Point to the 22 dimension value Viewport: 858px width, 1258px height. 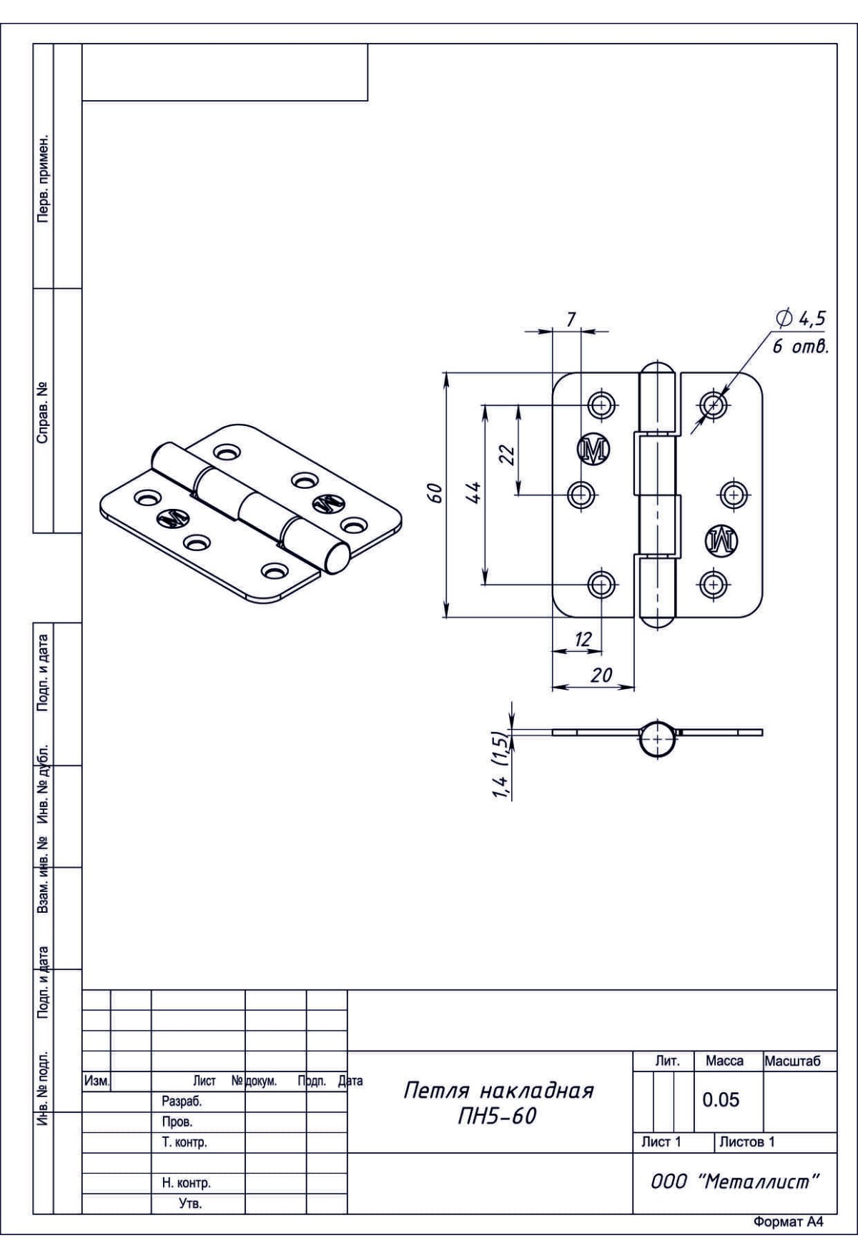[507, 455]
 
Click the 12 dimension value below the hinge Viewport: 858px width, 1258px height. [583, 640]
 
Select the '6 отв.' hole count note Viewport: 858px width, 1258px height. [799, 348]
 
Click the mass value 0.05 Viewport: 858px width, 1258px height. [720, 1099]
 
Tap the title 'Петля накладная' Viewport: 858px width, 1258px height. [498, 1091]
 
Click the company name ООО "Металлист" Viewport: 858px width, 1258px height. [734, 1182]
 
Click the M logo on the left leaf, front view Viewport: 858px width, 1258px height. [593, 449]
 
